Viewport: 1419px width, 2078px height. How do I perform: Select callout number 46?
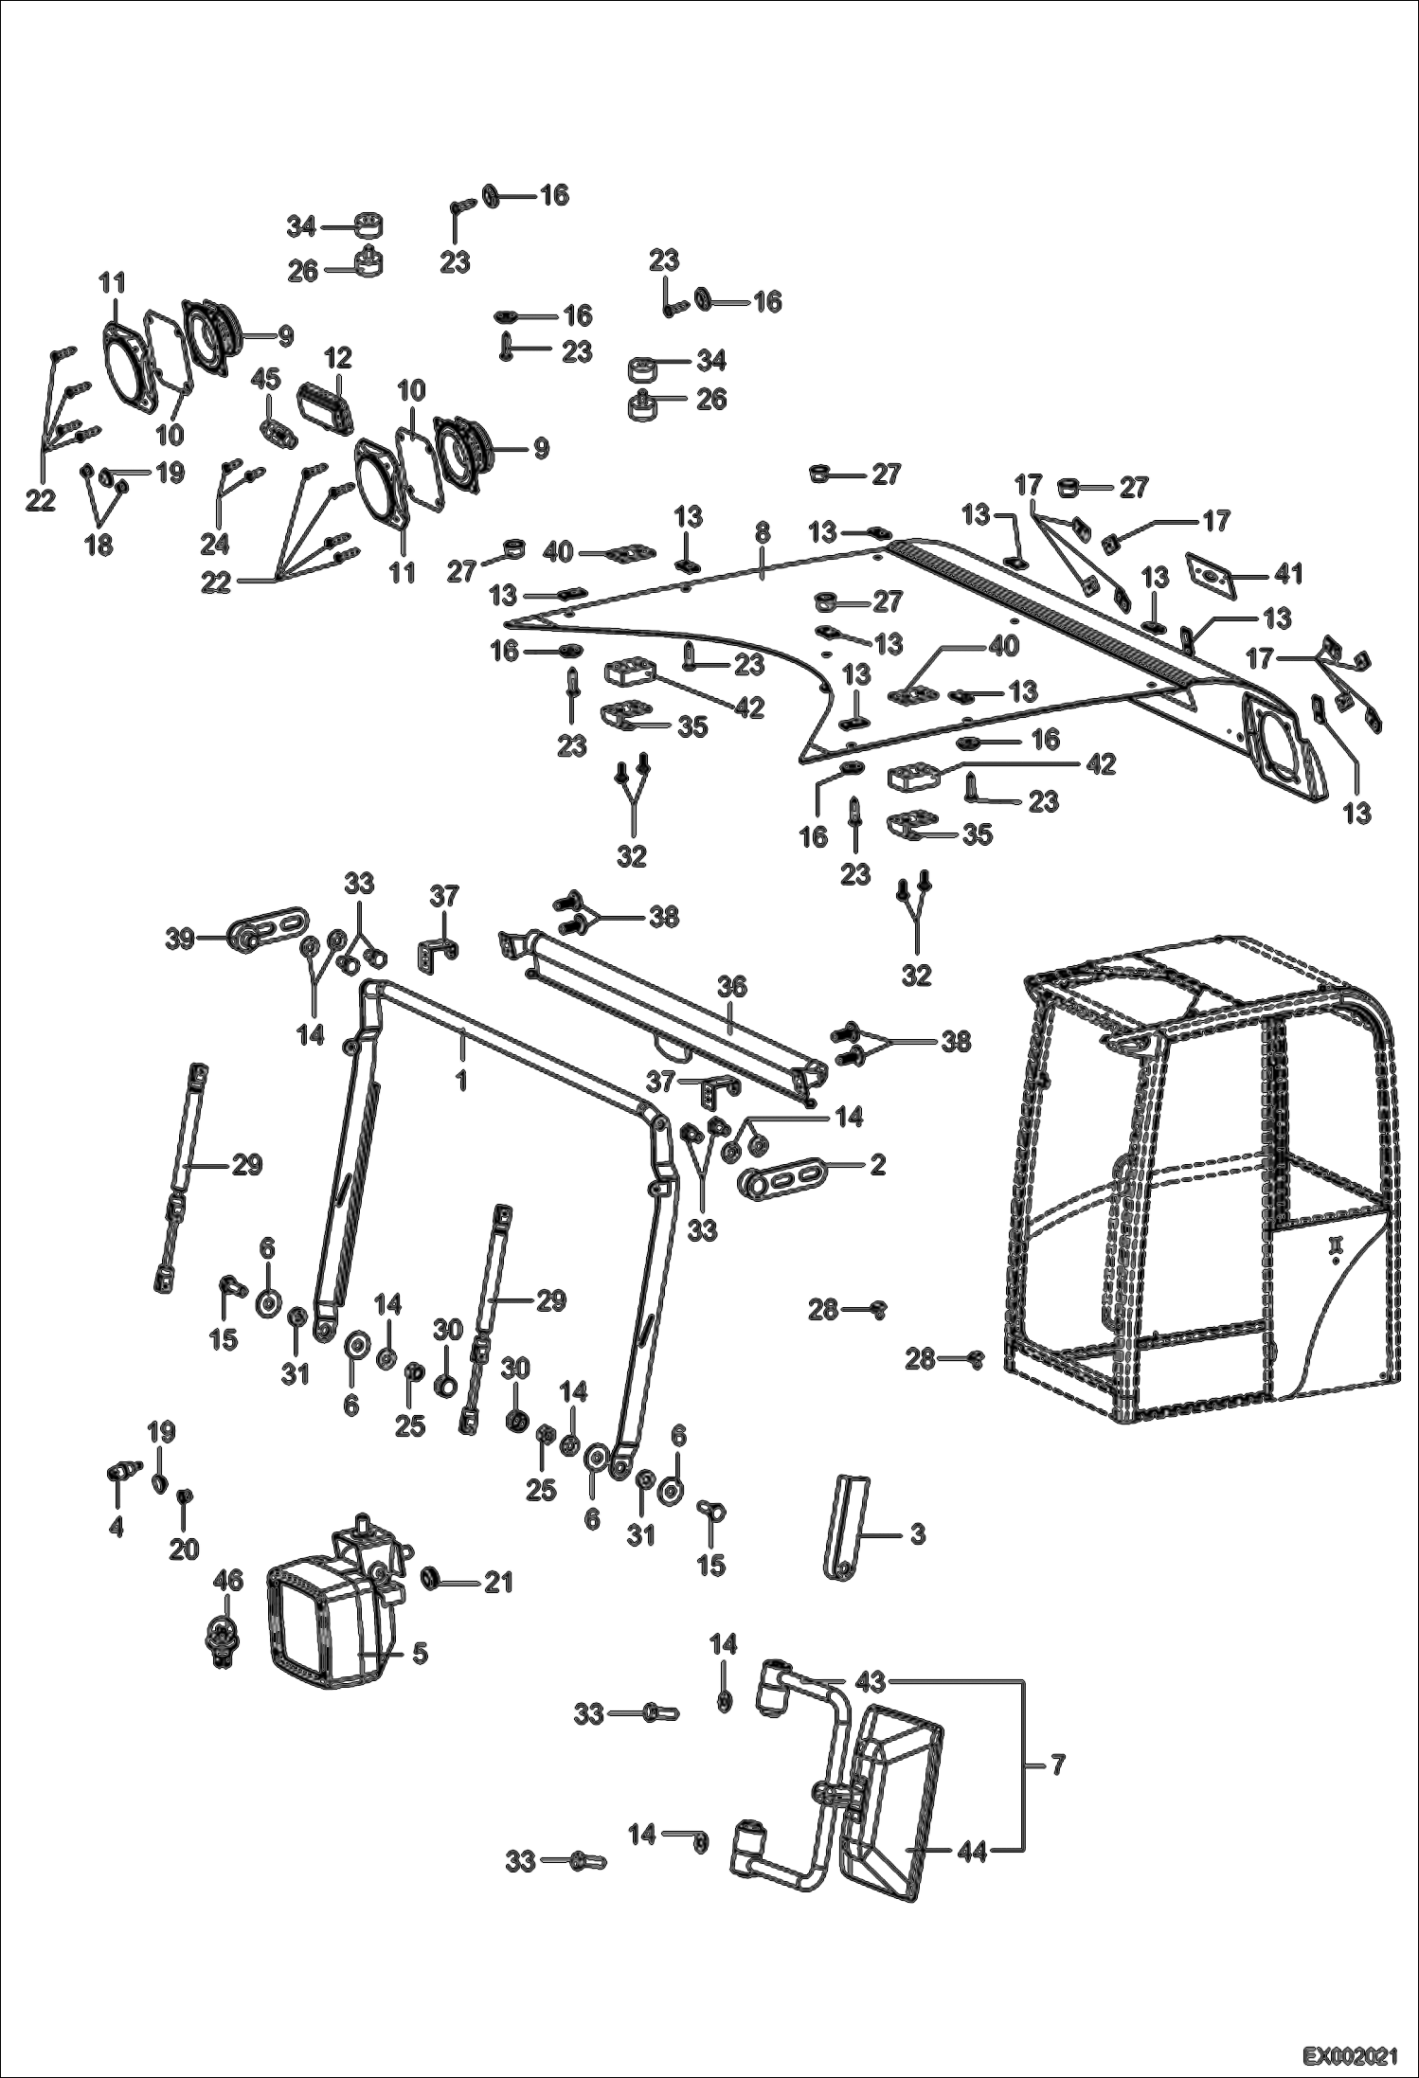[229, 1580]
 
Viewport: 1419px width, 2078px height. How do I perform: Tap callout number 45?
[266, 379]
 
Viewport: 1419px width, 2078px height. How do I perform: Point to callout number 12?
[337, 358]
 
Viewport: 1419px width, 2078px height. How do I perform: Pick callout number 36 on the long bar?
[731, 987]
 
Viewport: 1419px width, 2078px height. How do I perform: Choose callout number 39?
[180, 940]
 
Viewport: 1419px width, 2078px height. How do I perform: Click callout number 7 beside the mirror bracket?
[1058, 1765]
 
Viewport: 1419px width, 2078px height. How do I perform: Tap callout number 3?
[917, 1533]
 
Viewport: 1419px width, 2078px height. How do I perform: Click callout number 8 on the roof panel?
[763, 534]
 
